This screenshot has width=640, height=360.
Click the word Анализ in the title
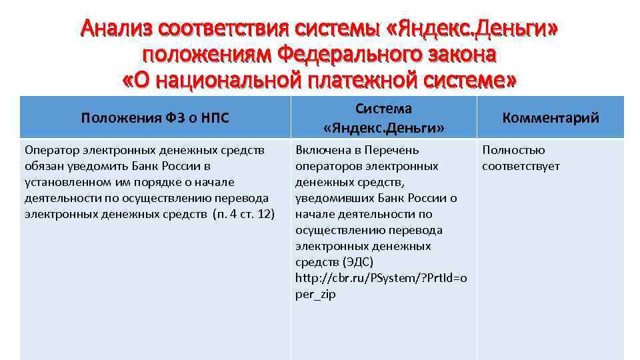coord(114,28)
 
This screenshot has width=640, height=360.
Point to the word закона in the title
coord(463,55)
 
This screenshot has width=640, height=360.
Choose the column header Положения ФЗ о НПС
coord(155,118)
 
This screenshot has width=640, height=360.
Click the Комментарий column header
coord(551,118)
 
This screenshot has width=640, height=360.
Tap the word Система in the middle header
coord(383,108)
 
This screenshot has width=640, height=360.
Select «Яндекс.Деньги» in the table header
coord(383,127)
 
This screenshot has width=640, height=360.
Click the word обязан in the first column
coord(42,166)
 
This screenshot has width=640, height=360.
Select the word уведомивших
coord(328,198)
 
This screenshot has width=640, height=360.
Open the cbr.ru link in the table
coord(381,278)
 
